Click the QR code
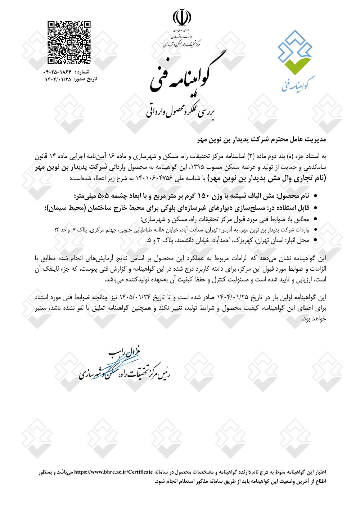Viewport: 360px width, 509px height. tap(69, 42)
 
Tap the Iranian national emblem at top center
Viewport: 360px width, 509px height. tap(182, 17)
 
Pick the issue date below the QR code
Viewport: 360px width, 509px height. tap(58, 79)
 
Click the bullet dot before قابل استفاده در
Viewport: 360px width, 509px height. tap(316, 208)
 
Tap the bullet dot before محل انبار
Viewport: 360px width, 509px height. tap(316, 240)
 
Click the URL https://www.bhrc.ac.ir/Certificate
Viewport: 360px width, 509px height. tap(113, 472)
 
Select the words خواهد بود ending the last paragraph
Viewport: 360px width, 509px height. tap(314, 319)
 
